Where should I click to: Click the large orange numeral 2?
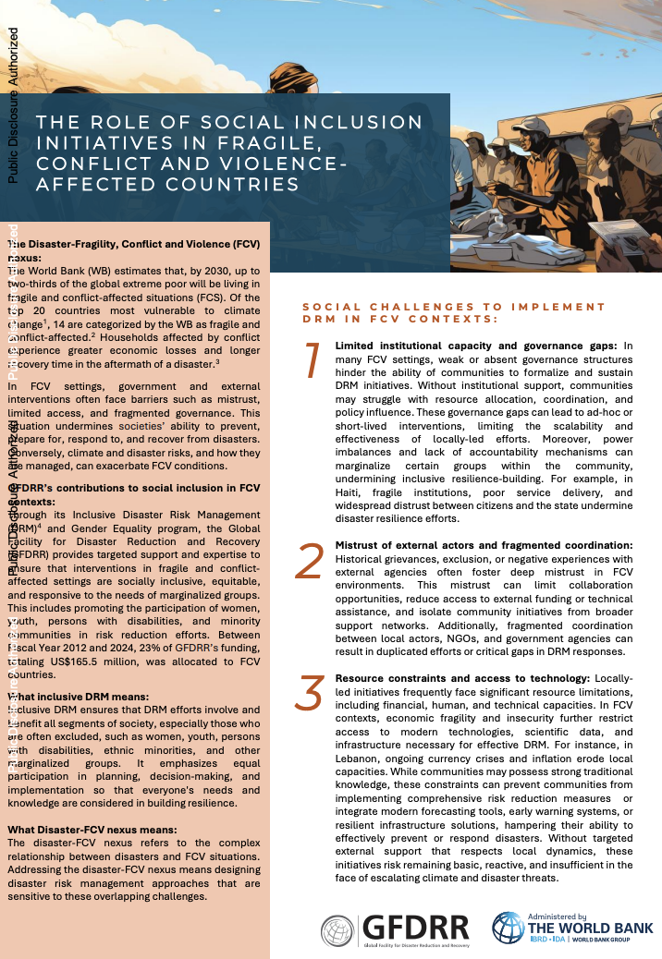(x=310, y=561)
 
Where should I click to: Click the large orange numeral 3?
(x=309, y=694)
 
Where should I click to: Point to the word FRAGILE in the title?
(x=273, y=143)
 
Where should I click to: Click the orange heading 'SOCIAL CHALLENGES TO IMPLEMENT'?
(x=454, y=306)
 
